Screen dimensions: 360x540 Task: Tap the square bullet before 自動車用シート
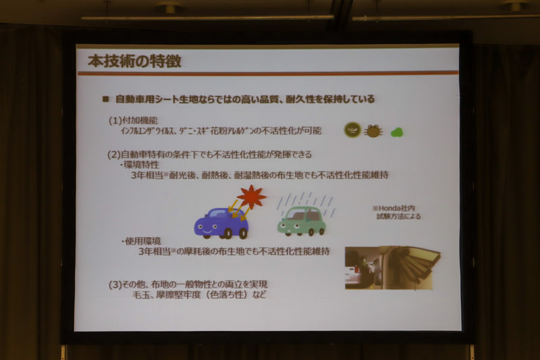point(105,99)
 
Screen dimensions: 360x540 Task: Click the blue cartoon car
point(220,222)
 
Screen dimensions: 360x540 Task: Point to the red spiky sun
point(251,197)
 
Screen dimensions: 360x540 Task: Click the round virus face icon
point(352,130)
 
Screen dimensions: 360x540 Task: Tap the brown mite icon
point(373,130)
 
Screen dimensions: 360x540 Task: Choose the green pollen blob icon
point(396,132)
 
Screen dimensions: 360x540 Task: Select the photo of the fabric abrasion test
point(391,267)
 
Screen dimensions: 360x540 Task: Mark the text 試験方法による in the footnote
point(400,217)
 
